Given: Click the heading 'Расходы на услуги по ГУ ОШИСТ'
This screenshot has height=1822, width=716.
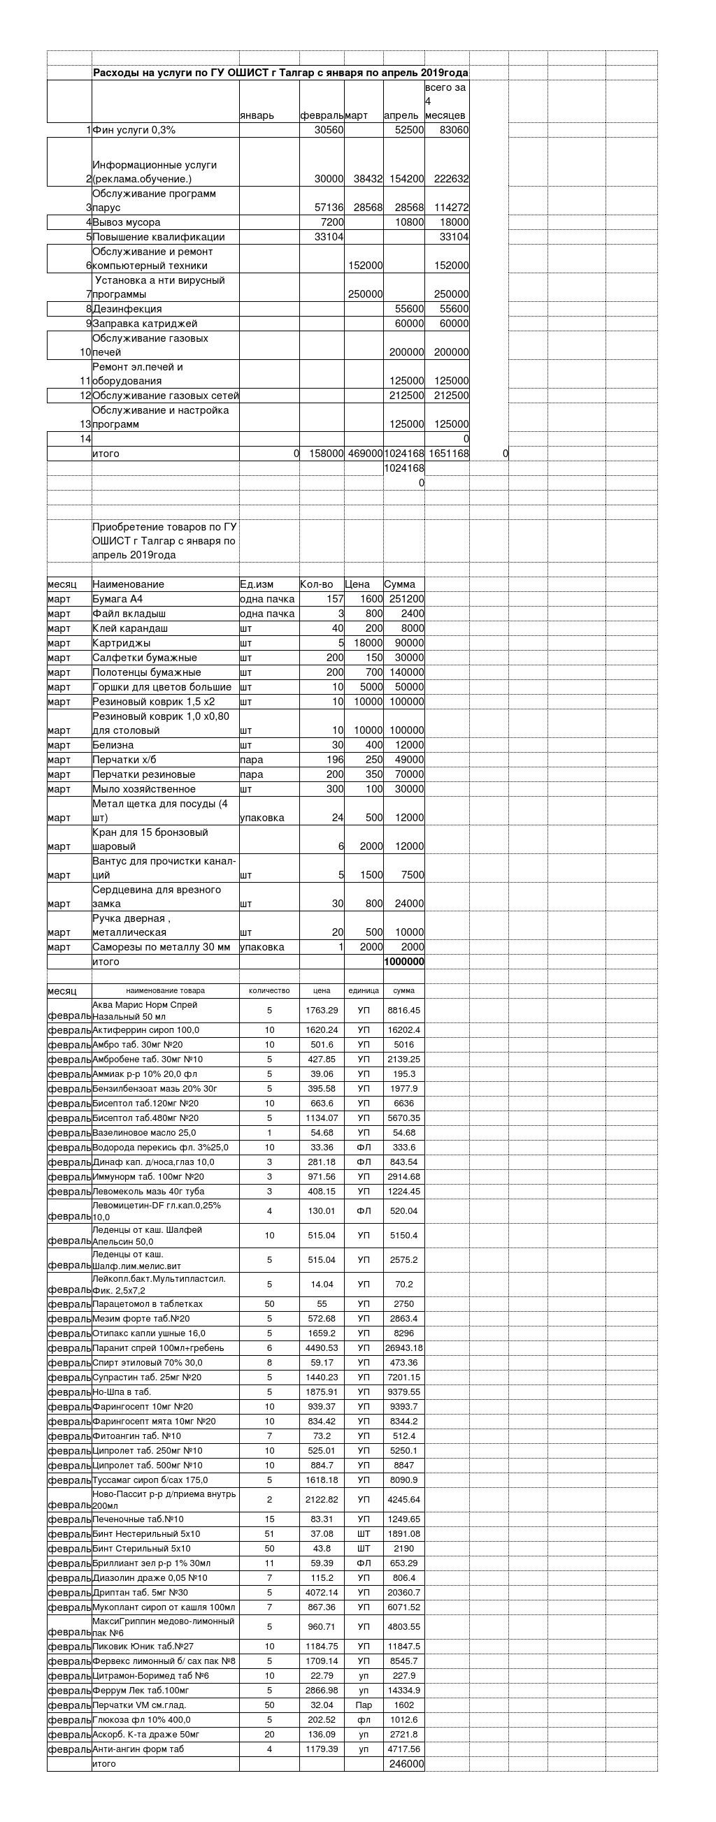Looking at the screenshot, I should [x=280, y=73].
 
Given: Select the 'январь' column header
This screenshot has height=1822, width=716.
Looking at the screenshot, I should [x=257, y=115].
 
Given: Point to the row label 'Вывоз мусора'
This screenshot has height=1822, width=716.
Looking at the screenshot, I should [x=127, y=222].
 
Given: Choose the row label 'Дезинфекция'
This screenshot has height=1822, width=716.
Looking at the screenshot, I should [x=127, y=309].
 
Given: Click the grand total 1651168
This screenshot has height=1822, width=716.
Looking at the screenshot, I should [x=448, y=454].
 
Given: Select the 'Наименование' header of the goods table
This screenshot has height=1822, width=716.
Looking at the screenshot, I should [x=128, y=584].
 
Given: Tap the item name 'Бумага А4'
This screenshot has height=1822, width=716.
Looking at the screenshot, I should [x=117, y=599].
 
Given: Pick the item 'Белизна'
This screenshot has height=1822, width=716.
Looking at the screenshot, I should [x=113, y=745].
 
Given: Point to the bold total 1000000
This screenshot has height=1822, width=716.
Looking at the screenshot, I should [x=404, y=961].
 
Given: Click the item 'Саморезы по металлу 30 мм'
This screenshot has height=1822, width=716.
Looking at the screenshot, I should [x=162, y=947].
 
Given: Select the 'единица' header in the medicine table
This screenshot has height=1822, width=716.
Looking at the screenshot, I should [x=364, y=990].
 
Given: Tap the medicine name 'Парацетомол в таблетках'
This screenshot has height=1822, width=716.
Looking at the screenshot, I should [x=147, y=1303].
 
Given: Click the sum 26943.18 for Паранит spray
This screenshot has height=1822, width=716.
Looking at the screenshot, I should [x=404, y=1348].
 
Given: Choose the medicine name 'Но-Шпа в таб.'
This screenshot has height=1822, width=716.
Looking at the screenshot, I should [x=122, y=1392].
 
